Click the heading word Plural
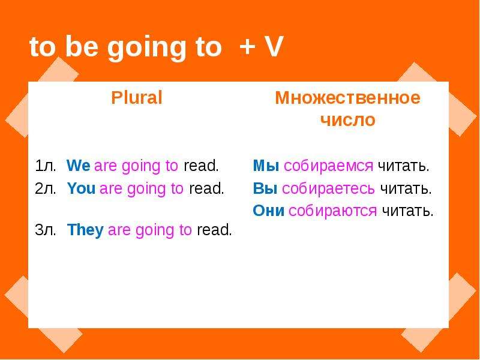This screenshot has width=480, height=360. pyautogui.click(x=137, y=98)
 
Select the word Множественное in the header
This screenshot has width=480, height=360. pyautogui.click(x=348, y=98)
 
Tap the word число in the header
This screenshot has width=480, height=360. pyautogui.click(x=348, y=119)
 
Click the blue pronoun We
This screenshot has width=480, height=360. pyautogui.click(x=79, y=166)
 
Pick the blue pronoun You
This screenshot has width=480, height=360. pyautogui.click(x=81, y=188)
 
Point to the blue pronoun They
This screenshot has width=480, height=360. pyautogui.click(x=85, y=230)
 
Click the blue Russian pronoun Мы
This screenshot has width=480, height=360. pyautogui.click(x=266, y=166)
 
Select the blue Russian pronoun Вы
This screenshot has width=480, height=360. pyautogui.click(x=265, y=188)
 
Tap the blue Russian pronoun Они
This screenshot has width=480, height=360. pyautogui.click(x=268, y=211)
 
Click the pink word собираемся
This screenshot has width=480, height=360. pyautogui.click(x=328, y=166)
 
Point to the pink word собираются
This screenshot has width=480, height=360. pyautogui.click(x=333, y=211)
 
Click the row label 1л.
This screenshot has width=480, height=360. pyautogui.click(x=46, y=166)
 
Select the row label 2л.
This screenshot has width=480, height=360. pyautogui.click(x=46, y=188)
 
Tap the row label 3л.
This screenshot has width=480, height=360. pyautogui.click(x=46, y=230)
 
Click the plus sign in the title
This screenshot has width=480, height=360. pyautogui.click(x=247, y=47)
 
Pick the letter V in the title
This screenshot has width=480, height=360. pyautogui.click(x=273, y=47)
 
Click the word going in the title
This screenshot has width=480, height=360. pyautogui.click(x=146, y=49)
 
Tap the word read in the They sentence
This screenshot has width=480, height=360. pyautogui.click(x=214, y=230)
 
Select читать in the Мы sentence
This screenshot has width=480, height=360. pyautogui.click(x=404, y=166)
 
